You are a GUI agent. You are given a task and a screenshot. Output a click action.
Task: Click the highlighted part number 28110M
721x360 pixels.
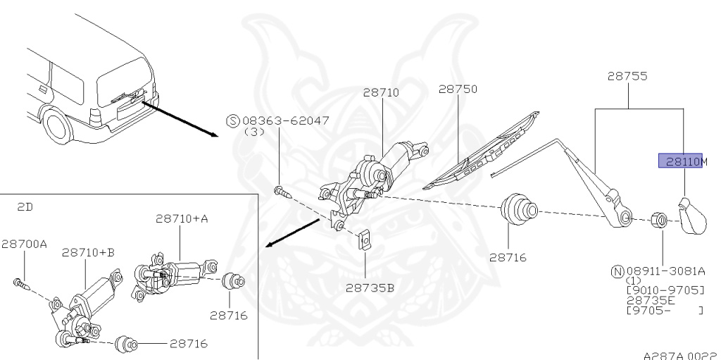coord(682,162)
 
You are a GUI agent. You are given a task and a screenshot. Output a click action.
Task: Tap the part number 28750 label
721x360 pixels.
coord(458,89)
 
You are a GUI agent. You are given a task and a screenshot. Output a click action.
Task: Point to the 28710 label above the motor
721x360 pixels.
coord(381,92)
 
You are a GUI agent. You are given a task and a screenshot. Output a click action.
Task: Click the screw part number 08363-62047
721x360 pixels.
coord(286,120)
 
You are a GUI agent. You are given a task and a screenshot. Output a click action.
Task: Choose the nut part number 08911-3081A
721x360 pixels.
coord(665,271)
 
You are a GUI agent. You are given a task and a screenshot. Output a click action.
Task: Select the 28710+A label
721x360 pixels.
coord(182,219)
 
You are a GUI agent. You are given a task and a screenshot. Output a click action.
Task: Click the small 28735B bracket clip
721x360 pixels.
coord(365,240)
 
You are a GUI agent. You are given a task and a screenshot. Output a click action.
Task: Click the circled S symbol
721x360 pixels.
coord(232,120)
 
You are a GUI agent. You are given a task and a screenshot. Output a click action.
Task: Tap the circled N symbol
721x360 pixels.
coord(616,271)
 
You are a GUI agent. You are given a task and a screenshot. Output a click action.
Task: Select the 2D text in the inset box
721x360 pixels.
coord(25,208)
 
